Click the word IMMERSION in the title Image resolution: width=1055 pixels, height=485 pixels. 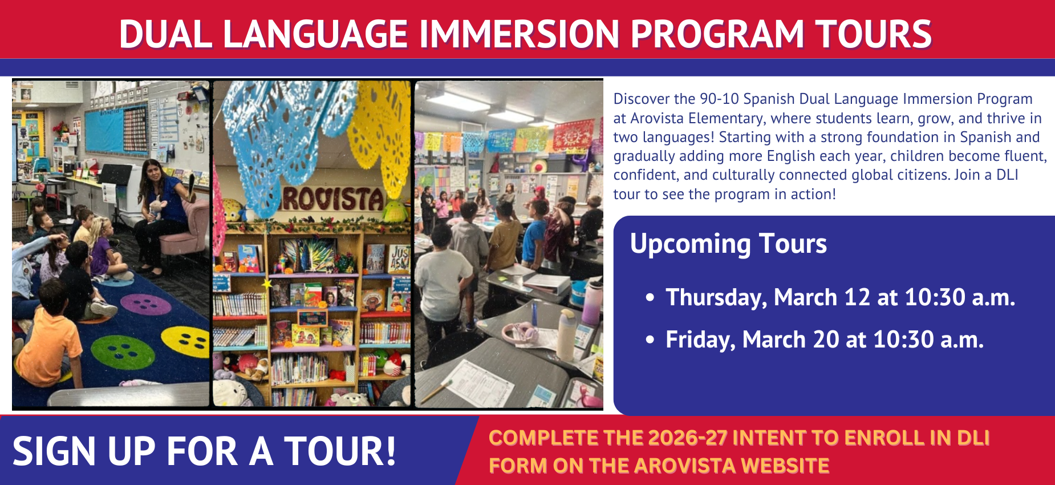click(519, 34)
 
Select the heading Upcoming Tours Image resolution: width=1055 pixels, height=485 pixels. click(728, 244)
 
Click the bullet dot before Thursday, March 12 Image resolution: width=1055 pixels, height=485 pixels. click(650, 298)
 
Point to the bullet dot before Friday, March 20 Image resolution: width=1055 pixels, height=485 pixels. click(650, 340)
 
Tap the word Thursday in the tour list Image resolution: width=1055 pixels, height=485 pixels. click(716, 298)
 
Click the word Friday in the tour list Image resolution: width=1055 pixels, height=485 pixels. click(700, 340)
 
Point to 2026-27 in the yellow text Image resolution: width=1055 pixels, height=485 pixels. click(687, 438)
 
